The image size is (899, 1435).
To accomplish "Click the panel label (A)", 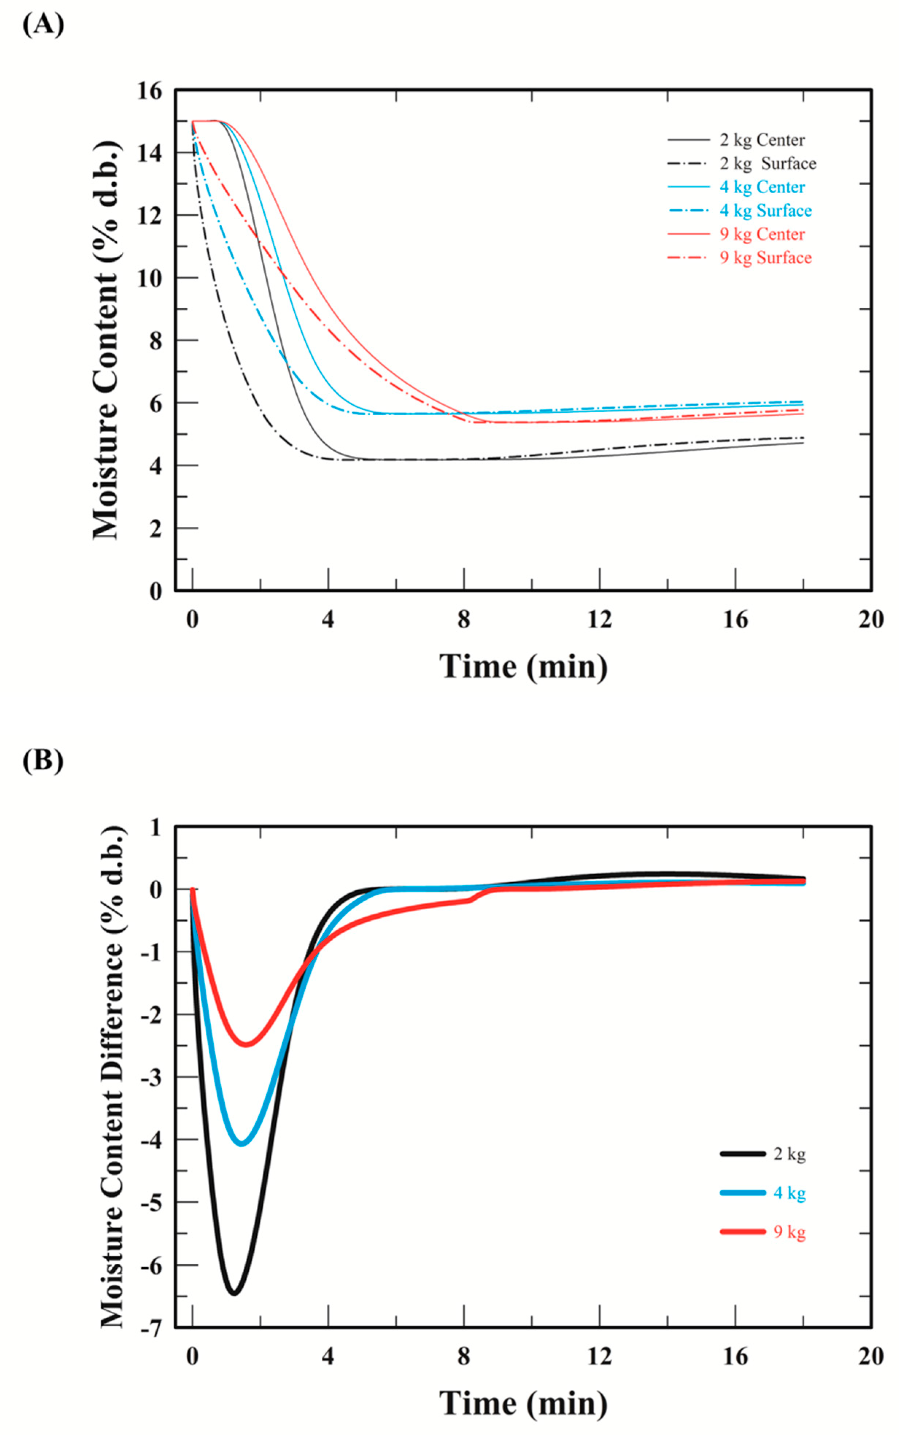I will [43, 25].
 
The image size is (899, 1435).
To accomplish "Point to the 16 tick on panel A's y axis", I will [149, 91].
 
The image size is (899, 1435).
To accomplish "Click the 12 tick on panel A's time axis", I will [599, 620].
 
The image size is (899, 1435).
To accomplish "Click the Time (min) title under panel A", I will [523, 667].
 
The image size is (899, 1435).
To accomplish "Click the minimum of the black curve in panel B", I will [234, 1293].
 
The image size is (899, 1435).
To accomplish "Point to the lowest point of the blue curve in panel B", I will [242, 1143].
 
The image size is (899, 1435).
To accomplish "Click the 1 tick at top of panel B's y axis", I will [156, 827].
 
